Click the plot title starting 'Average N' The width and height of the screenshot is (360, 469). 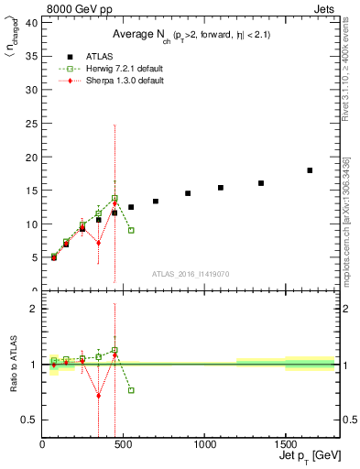click(191, 34)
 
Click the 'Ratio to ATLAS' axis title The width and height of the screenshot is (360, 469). click(14, 365)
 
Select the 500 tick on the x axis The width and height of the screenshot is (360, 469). click(124, 444)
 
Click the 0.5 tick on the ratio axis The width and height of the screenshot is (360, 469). click(29, 420)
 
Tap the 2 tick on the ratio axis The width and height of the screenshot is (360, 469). click(34, 309)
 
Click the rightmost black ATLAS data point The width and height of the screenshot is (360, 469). click(310, 170)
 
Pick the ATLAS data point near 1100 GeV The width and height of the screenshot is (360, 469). click(221, 188)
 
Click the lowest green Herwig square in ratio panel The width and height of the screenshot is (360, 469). click(131, 390)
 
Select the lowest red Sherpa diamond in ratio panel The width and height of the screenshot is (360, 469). click(99, 396)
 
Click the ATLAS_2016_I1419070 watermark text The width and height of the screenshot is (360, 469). click(191, 273)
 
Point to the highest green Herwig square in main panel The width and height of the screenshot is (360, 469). click(115, 199)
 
